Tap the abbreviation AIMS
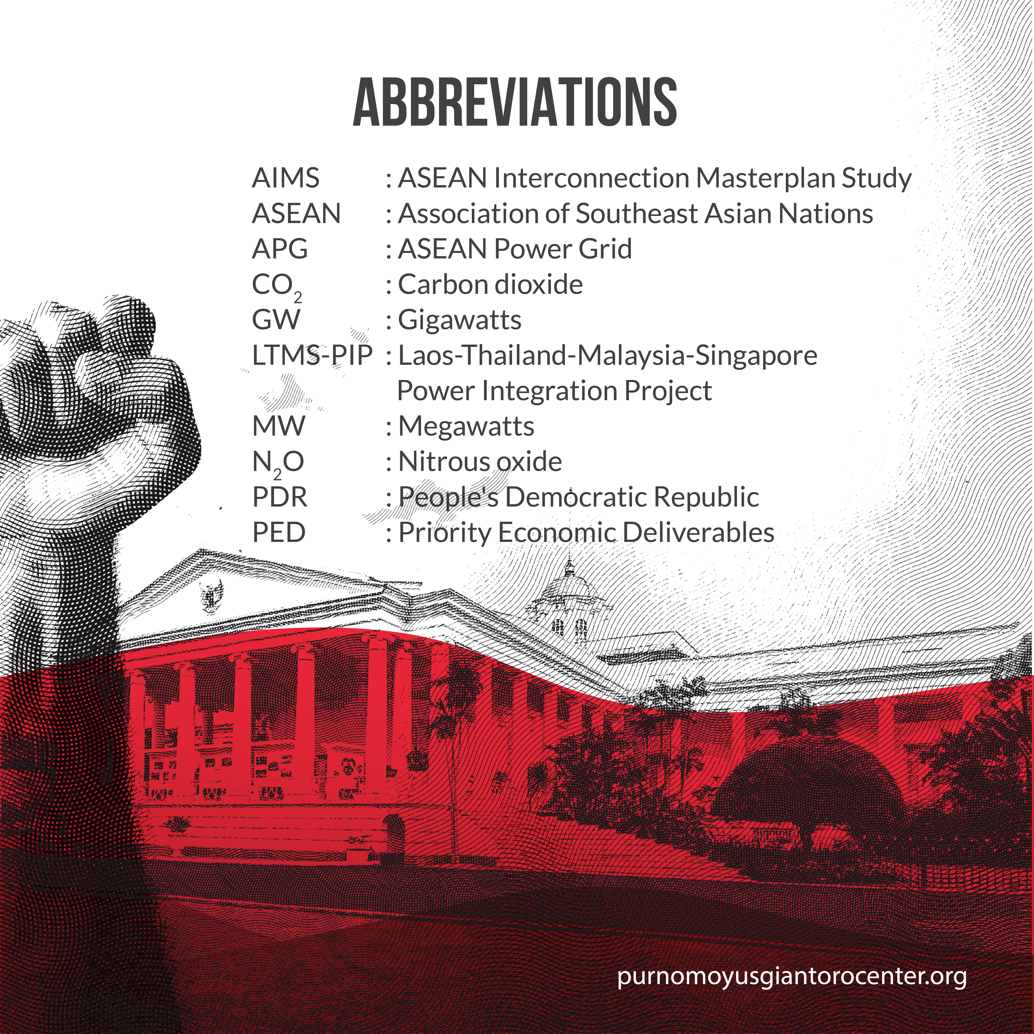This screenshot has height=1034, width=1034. (x=286, y=178)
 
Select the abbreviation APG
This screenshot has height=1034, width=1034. (x=280, y=249)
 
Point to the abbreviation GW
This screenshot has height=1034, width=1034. (x=276, y=320)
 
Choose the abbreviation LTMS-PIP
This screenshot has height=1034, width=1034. (x=312, y=355)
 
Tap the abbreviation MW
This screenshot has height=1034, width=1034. (x=278, y=427)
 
